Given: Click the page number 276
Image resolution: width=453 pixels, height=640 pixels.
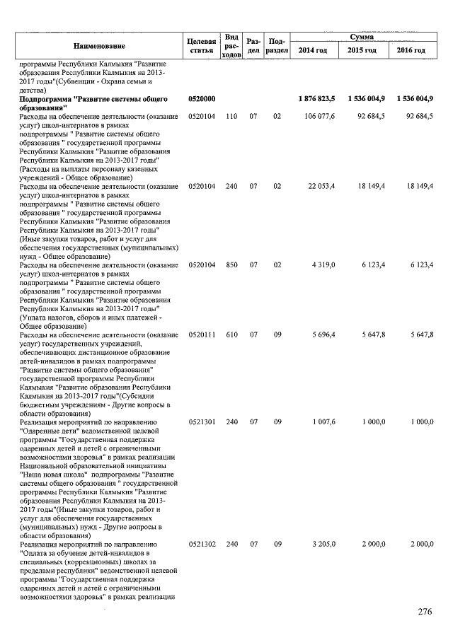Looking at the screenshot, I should [x=424, y=612].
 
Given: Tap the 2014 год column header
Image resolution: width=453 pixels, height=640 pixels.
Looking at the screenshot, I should [x=312, y=51].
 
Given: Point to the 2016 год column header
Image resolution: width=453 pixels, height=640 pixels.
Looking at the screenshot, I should [x=411, y=51].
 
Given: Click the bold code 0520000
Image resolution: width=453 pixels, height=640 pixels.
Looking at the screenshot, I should [x=202, y=98].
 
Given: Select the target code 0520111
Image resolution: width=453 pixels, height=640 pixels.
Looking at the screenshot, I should [x=202, y=333].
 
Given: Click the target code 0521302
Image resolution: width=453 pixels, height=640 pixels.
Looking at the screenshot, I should [x=202, y=544].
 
